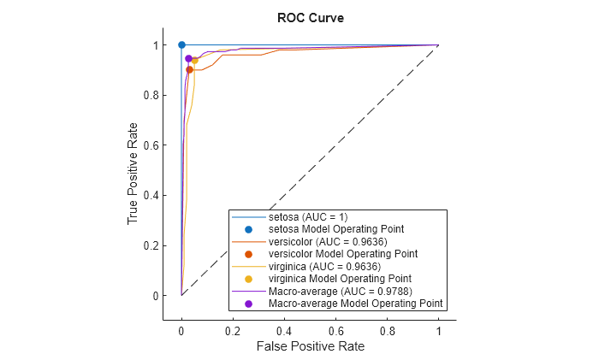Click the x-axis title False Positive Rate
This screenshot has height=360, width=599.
(309, 346)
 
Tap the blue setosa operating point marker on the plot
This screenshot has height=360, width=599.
(181, 44)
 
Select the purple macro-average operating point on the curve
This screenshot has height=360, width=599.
(188, 58)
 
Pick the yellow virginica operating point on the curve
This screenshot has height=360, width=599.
(194, 61)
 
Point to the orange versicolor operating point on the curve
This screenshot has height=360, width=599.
(189, 69)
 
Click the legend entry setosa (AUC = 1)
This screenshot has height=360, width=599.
(307, 217)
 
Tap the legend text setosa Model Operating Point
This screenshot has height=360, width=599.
(336, 229)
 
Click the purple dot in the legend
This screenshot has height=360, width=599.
(248, 304)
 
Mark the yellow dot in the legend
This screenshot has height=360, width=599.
(248, 279)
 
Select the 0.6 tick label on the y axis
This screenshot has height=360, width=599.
(150, 145)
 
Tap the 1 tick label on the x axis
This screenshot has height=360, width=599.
(438, 329)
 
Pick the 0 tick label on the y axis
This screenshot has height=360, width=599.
(154, 296)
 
